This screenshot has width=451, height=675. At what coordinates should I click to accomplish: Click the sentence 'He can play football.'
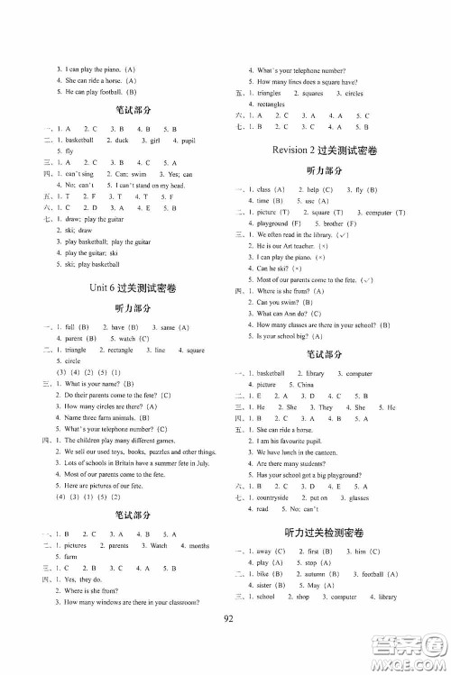click(x=94, y=92)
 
